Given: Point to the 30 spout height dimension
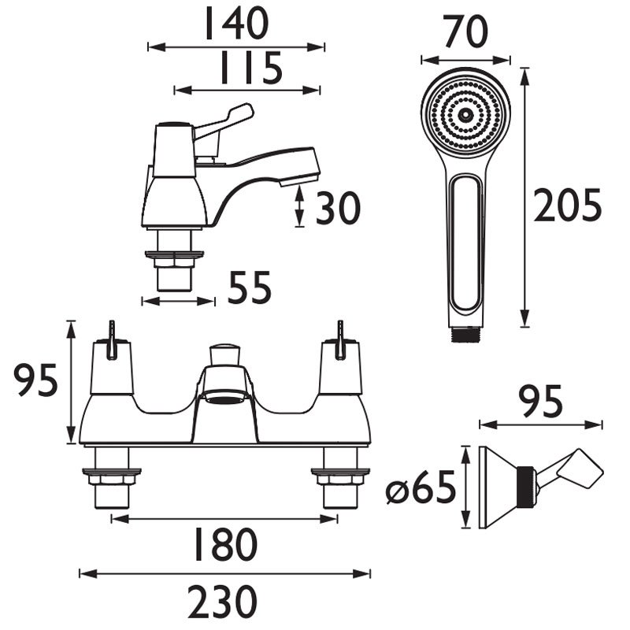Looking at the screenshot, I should tap(337, 209).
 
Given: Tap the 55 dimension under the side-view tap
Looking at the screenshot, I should tap(250, 288).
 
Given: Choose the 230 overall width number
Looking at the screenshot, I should tap(222, 602).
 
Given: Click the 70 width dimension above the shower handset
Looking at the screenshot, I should tap(465, 32).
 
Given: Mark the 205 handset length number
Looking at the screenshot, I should tap(567, 206).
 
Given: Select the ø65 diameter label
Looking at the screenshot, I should tap(421, 491).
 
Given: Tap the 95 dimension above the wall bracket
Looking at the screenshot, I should tap(541, 402).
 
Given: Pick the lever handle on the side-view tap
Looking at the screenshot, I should tap(236, 118).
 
